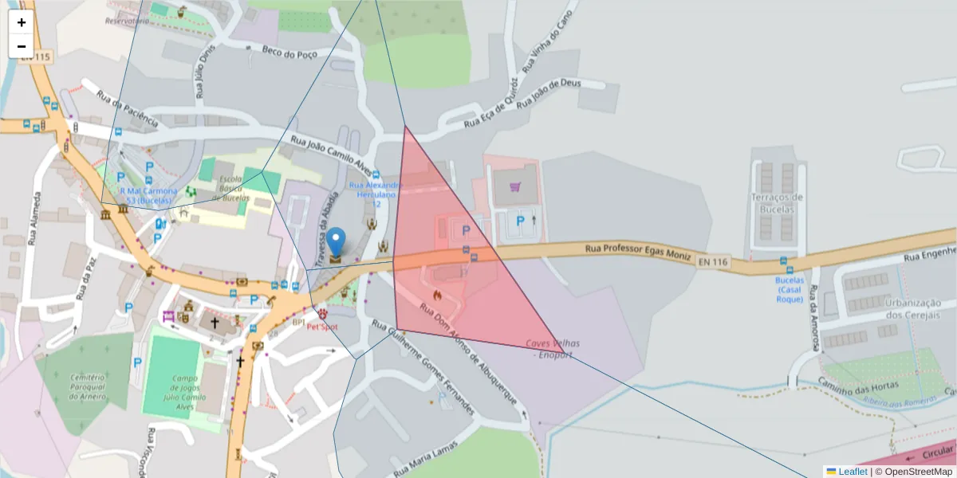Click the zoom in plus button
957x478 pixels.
pyautogui.click(x=22, y=22)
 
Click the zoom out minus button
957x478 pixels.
pyautogui.click(x=22, y=46)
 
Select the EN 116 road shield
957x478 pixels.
pyautogui.click(x=713, y=261)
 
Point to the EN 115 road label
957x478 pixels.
pyautogui.click(x=36, y=57)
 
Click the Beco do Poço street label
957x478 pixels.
pyautogui.click(x=289, y=52)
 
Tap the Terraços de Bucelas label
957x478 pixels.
pyautogui.click(x=776, y=202)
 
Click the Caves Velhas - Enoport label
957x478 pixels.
pyautogui.click(x=553, y=348)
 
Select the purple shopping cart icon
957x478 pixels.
pyautogui.click(x=515, y=186)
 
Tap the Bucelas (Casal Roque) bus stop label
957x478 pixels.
pyautogui.click(x=789, y=289)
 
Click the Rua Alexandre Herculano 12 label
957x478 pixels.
pyautogui.click(x=376, y=194)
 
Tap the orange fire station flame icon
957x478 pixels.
pyautogui.click(x=436, y=295)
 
